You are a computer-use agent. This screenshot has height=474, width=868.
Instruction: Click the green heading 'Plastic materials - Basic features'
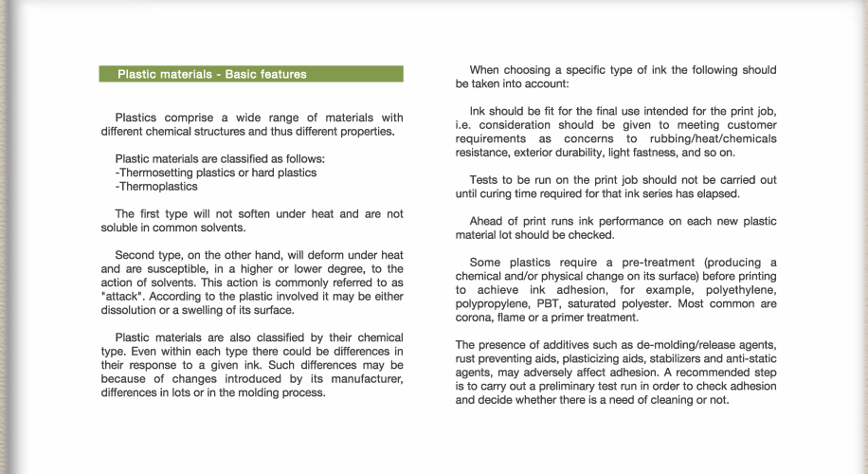tap(212, 74)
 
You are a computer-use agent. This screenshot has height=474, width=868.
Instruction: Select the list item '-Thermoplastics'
tap(156, 187)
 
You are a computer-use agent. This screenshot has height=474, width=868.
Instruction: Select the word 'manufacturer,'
tap(368, 379)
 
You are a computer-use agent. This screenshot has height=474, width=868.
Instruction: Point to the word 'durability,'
tap(595, 152)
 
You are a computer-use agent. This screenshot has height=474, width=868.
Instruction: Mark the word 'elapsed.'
tap(714, 194)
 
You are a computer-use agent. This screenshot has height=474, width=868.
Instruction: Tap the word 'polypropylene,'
tap(496, 303)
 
